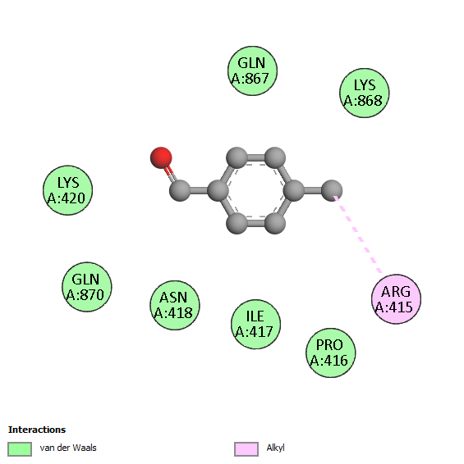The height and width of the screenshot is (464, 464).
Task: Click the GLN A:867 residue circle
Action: (x=252, y=71)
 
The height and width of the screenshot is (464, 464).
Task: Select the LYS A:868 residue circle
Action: (x=364, y=93)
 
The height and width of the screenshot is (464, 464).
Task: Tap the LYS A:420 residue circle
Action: (x=67, y=190)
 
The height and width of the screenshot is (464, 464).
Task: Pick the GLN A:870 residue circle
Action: (x=86, y=287)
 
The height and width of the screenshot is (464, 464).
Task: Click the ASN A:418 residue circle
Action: (x=175, y=305)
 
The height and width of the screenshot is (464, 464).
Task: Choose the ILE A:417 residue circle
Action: (x=255, y=324)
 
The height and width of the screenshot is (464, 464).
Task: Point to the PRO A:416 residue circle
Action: (x=331, y=353)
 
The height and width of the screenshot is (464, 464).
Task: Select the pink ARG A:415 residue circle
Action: (x=396, y=299)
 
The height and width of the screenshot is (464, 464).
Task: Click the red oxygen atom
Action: (x=161, y=157)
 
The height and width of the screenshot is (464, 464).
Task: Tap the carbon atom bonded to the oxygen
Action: (x=180, y=190)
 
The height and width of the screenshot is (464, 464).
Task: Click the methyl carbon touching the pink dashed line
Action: (x=332, y=190)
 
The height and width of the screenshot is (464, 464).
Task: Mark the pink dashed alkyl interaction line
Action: (x=357, y=234)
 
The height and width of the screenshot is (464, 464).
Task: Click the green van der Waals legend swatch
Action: (x=20, y=449)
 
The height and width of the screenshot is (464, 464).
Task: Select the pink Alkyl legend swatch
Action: (x=246, y=449)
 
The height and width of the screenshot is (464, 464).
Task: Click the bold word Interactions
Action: (x=37, y=430)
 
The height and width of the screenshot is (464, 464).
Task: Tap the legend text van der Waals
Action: (x=68, y=448)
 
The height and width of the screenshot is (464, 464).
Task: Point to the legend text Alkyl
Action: (x=275, y=448)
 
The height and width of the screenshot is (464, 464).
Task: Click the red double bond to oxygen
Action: (x=171, y=175)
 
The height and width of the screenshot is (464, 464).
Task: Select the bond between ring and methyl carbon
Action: (x=313, y=190)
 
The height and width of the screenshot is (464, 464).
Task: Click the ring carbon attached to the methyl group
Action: (x=294, y=190)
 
